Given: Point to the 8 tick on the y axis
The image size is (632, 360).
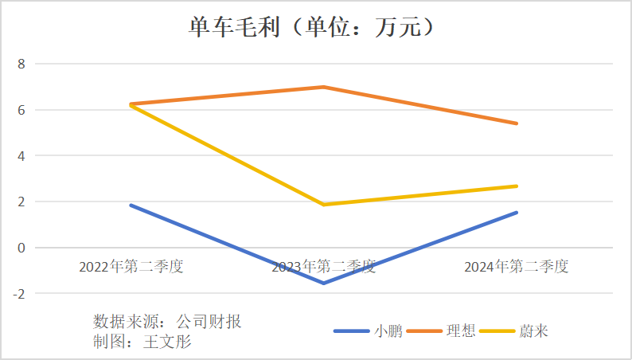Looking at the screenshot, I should pos(21,64).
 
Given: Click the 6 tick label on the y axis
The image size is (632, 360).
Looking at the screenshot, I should pos(21,110).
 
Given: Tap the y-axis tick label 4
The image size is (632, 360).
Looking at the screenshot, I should pos(21,156).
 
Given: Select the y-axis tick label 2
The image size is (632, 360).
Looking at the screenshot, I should pos(21,202).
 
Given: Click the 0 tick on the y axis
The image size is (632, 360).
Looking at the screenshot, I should pos(21,248).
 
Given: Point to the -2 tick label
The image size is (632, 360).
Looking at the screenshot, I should pos(19,294).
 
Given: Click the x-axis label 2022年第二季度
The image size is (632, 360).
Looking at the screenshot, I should pos(131,267).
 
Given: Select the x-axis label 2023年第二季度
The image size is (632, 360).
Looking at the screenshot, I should pos(323,267).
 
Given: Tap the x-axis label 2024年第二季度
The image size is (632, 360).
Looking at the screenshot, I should pos(517,267).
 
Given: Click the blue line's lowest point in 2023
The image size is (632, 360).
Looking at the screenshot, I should pos(323,283).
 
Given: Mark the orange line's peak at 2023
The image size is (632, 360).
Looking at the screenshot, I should pos(323,87).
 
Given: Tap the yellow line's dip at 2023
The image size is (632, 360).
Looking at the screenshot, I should pos(323,205).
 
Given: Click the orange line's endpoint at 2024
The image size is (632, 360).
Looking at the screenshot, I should pos(517,123).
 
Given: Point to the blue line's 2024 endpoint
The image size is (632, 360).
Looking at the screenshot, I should pos(517,213).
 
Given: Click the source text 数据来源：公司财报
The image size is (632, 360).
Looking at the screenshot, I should pos(167,323).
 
